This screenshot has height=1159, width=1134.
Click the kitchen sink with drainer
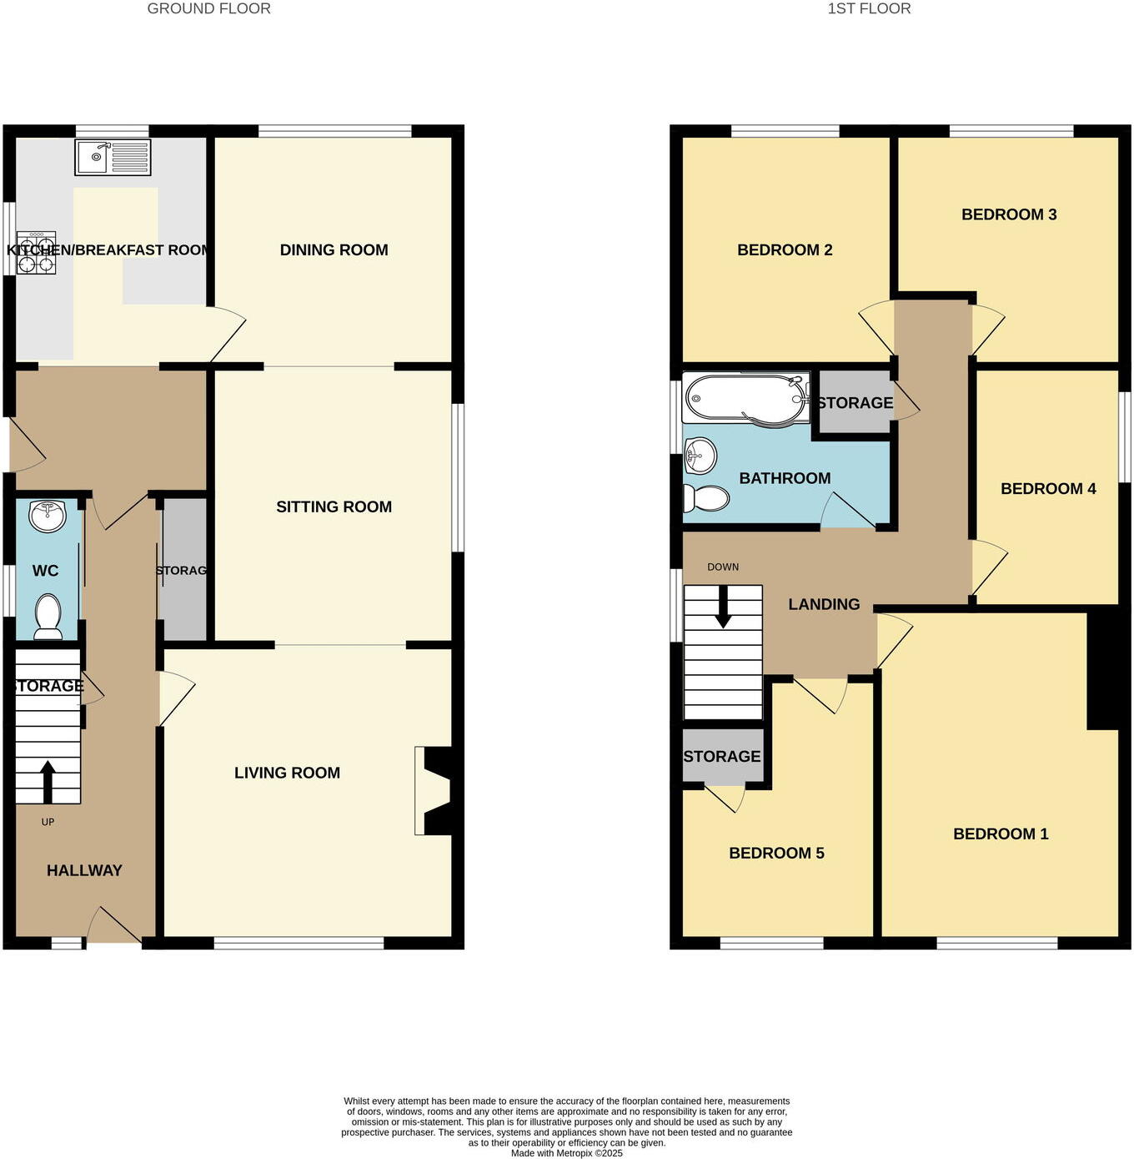(113, 157)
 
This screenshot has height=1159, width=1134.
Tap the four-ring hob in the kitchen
(36, 253)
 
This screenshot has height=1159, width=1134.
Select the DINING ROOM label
(334, 249)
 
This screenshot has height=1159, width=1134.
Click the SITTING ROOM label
(334, 506)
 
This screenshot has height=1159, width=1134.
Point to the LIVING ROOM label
(287, 773)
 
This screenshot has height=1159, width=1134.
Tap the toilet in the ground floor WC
(48, 616)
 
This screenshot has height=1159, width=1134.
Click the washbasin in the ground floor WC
(48, 516)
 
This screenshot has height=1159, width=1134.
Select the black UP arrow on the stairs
(47, 780)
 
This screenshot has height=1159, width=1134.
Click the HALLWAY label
(84, 870)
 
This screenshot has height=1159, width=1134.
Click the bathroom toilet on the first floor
(705, 498)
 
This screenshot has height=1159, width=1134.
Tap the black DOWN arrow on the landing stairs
(723, 606)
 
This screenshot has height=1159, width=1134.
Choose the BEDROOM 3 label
(1009, 214)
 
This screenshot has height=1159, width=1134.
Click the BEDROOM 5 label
(776, 853)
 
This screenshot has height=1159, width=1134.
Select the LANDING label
(824, 604)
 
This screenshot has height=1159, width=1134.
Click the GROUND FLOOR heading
(208, 8)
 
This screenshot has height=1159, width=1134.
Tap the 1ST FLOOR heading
(869, 8)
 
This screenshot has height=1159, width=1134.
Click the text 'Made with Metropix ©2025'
(567, 1153)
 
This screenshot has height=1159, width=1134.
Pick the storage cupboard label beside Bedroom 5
(722, 756)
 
